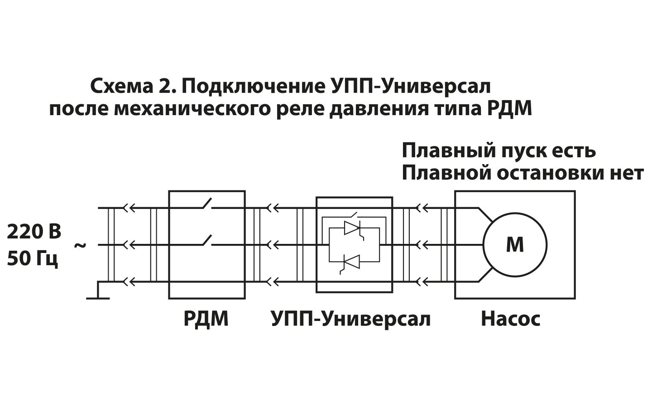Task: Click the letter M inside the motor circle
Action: [x=515, y=245]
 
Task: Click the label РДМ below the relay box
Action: [x=206, y=319]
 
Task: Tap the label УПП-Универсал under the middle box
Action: [x=351, y=319]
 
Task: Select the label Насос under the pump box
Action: [x=510, y=319]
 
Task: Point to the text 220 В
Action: [x=34, y=232]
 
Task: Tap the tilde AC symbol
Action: [x=80, y=245]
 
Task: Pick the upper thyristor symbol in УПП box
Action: [x=352, y=228]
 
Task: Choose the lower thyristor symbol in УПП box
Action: [x=352, y=262]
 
